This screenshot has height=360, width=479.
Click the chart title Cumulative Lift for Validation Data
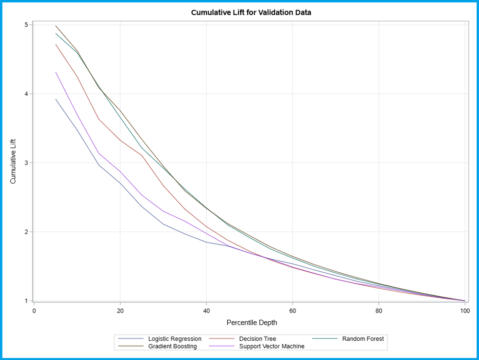[x=251, y=12]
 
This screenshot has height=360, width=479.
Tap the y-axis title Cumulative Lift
[x=13, y=163]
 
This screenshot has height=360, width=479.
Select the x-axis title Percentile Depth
[x=251, y=323]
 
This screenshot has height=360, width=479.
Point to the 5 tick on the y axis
[x=27, y=24]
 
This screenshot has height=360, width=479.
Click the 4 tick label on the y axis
[x=27, y=94]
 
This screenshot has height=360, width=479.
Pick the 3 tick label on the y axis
[x=27, y=163]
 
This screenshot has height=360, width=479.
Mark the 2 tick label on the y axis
[x=27, y=232]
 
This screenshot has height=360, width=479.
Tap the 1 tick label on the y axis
[x=27, y=301]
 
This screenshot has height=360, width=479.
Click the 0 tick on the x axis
[x=34, y=310]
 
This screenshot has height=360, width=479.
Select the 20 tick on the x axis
[x=120, y=310]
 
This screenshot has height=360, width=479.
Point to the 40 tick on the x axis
[x=206, y=310]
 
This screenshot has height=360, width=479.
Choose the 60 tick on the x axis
[x=292, y=310]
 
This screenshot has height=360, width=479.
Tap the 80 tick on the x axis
[x=379, y=310]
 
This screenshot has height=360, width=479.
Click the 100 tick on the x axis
[x=465, y=310]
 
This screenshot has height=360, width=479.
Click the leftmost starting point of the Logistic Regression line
[x=56, y=99]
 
